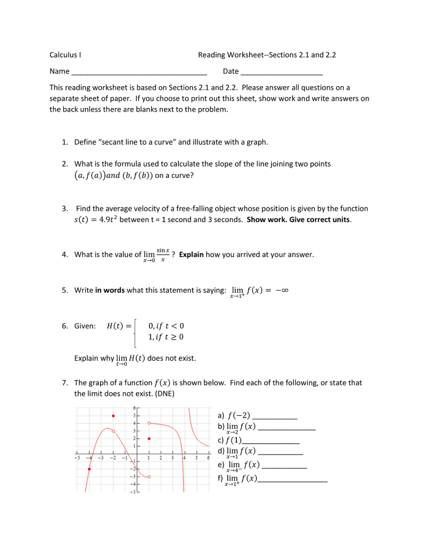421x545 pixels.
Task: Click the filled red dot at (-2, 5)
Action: (x=113, y=416)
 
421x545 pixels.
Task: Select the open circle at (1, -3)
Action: (x=149, y=477)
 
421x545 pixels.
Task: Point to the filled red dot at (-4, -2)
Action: (x=89, y=469)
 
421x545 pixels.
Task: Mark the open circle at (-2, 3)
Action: (x=113, y=431)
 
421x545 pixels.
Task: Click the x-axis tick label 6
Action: (x=209, y=458)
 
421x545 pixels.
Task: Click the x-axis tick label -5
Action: (x=77, y=458)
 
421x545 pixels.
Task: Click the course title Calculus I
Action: (x=65, y=55)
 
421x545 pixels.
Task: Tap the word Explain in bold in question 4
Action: (x=191, y=254)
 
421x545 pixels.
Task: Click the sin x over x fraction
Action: (x=163, y=254)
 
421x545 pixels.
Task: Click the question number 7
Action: (x=64, y=383)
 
